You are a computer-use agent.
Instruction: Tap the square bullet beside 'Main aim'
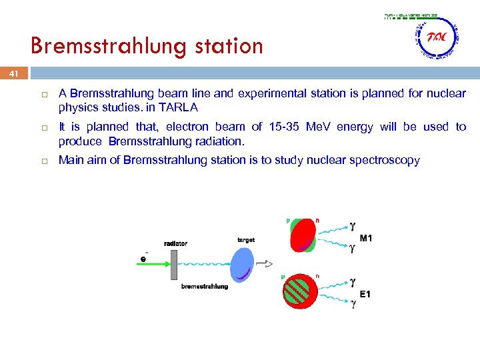pyautogui.click(x=42, y=161)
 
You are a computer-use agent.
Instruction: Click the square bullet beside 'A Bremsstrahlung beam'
pyautogui.click(x=42, y=93)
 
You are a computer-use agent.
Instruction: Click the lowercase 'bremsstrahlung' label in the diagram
pyautogui.click(x=205, y=287)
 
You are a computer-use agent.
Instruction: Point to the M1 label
pyautogui.click(x=367, y=238)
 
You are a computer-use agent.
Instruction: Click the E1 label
pyautogui.click(x=366, y=293)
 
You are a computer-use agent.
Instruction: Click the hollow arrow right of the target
pyautogui.click(x=265, y=264)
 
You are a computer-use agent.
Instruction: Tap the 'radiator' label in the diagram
pyautogui.click(x=175, y=243)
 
